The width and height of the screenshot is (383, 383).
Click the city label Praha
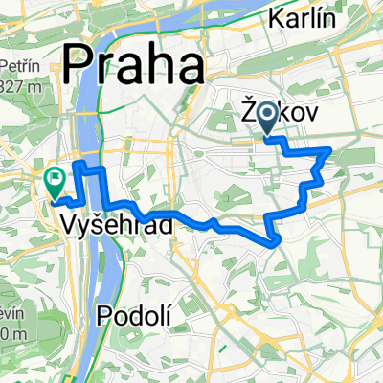[x=133, y=67]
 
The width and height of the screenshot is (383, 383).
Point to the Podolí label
[x=136, y=313]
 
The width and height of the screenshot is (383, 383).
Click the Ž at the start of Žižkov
[x=247, y=116]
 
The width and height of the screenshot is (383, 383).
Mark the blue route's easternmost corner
[x=330, y=149]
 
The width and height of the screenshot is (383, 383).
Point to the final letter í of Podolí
[x=167, y=313]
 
